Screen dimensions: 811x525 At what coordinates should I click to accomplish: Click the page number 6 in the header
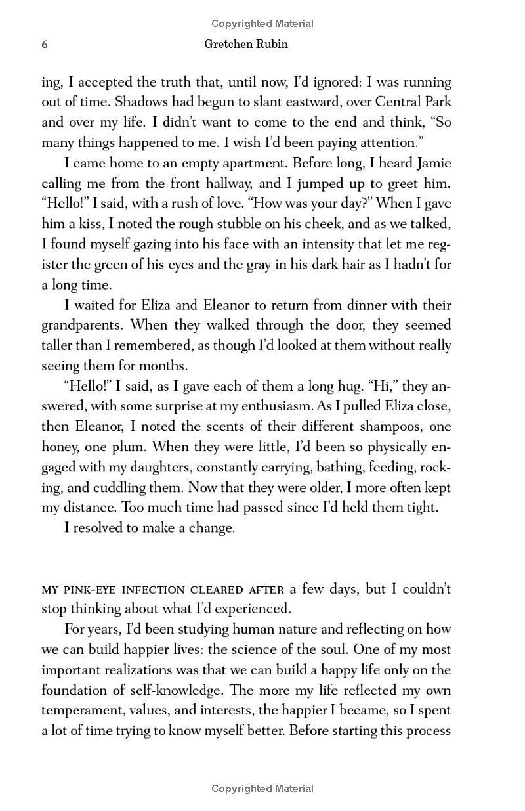coord(45,45)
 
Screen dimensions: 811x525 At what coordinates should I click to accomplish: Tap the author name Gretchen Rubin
coord(246,45)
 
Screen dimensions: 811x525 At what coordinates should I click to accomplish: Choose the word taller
coord(59,346)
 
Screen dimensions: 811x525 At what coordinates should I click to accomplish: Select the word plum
coord(139,447)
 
